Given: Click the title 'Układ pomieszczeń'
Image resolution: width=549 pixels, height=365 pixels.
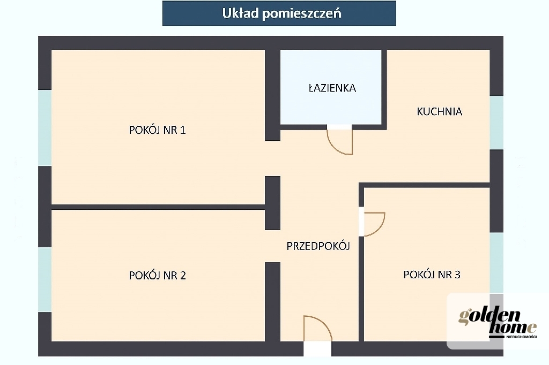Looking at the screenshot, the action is pos(281,13).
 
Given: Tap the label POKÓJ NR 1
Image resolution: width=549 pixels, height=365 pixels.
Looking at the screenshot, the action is pos(157,130).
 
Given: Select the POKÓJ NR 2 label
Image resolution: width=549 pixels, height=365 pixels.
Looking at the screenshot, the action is pos(157,276).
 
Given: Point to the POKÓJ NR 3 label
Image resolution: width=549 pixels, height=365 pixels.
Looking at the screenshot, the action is pos(432,275).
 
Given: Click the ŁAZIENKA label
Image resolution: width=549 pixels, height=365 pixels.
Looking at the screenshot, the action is pos(332,88).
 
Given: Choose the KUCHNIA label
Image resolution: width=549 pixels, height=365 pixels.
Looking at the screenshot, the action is pos(440,111).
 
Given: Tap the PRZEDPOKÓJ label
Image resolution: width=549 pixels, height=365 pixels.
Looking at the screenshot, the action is pos(318,246).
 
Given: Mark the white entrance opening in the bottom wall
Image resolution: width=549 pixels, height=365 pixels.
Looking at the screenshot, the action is pos(317,348).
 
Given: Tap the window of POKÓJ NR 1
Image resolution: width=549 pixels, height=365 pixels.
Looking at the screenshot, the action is pos(45,127).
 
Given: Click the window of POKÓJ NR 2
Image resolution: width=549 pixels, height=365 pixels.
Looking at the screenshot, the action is pos(45,280).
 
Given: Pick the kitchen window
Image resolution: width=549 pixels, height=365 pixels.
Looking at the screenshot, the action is pos(496,123).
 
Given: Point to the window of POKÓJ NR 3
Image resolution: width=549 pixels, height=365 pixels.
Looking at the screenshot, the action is pos(496,263).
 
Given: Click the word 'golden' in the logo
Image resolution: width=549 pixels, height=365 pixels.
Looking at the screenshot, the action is pos(489,316).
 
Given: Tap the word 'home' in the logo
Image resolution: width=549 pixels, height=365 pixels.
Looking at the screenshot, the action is pos(513,328).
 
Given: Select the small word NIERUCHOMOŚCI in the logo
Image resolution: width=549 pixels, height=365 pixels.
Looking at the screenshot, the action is pos(521,337).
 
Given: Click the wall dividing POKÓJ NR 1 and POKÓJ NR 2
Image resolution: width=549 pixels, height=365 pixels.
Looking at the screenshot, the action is pos(158,207).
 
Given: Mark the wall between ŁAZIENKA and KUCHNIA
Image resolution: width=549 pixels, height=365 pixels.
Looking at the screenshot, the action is pos(384,89).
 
